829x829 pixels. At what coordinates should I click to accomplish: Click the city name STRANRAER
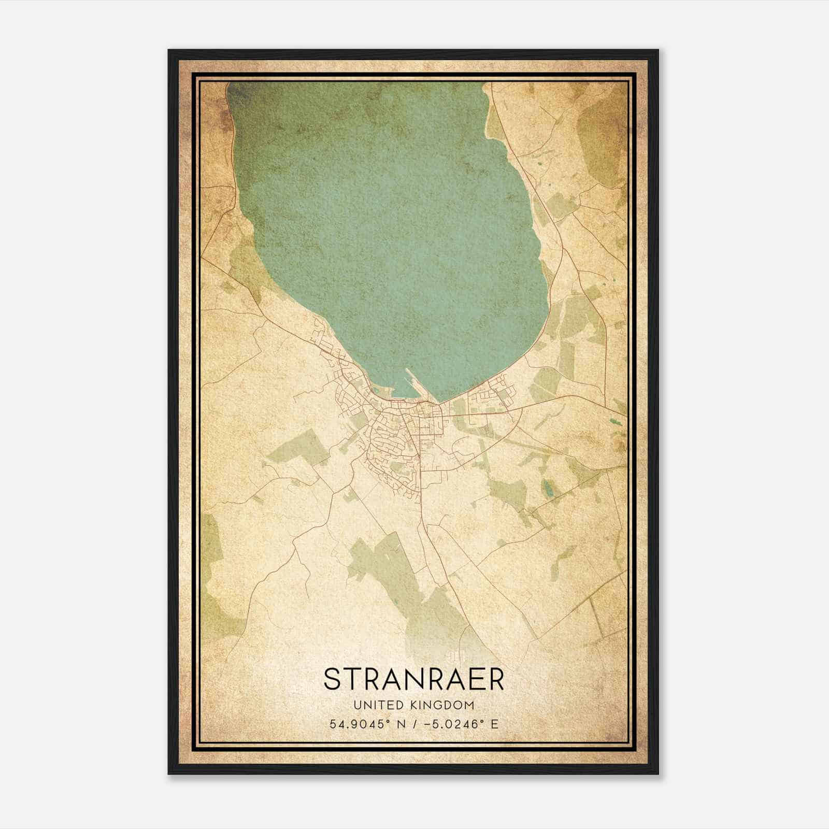pos(414,679)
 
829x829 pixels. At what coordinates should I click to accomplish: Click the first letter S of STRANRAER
pos(332,679)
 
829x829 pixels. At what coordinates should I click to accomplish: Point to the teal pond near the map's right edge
pos(616,423)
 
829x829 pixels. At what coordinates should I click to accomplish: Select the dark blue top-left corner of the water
pos(236,93)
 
